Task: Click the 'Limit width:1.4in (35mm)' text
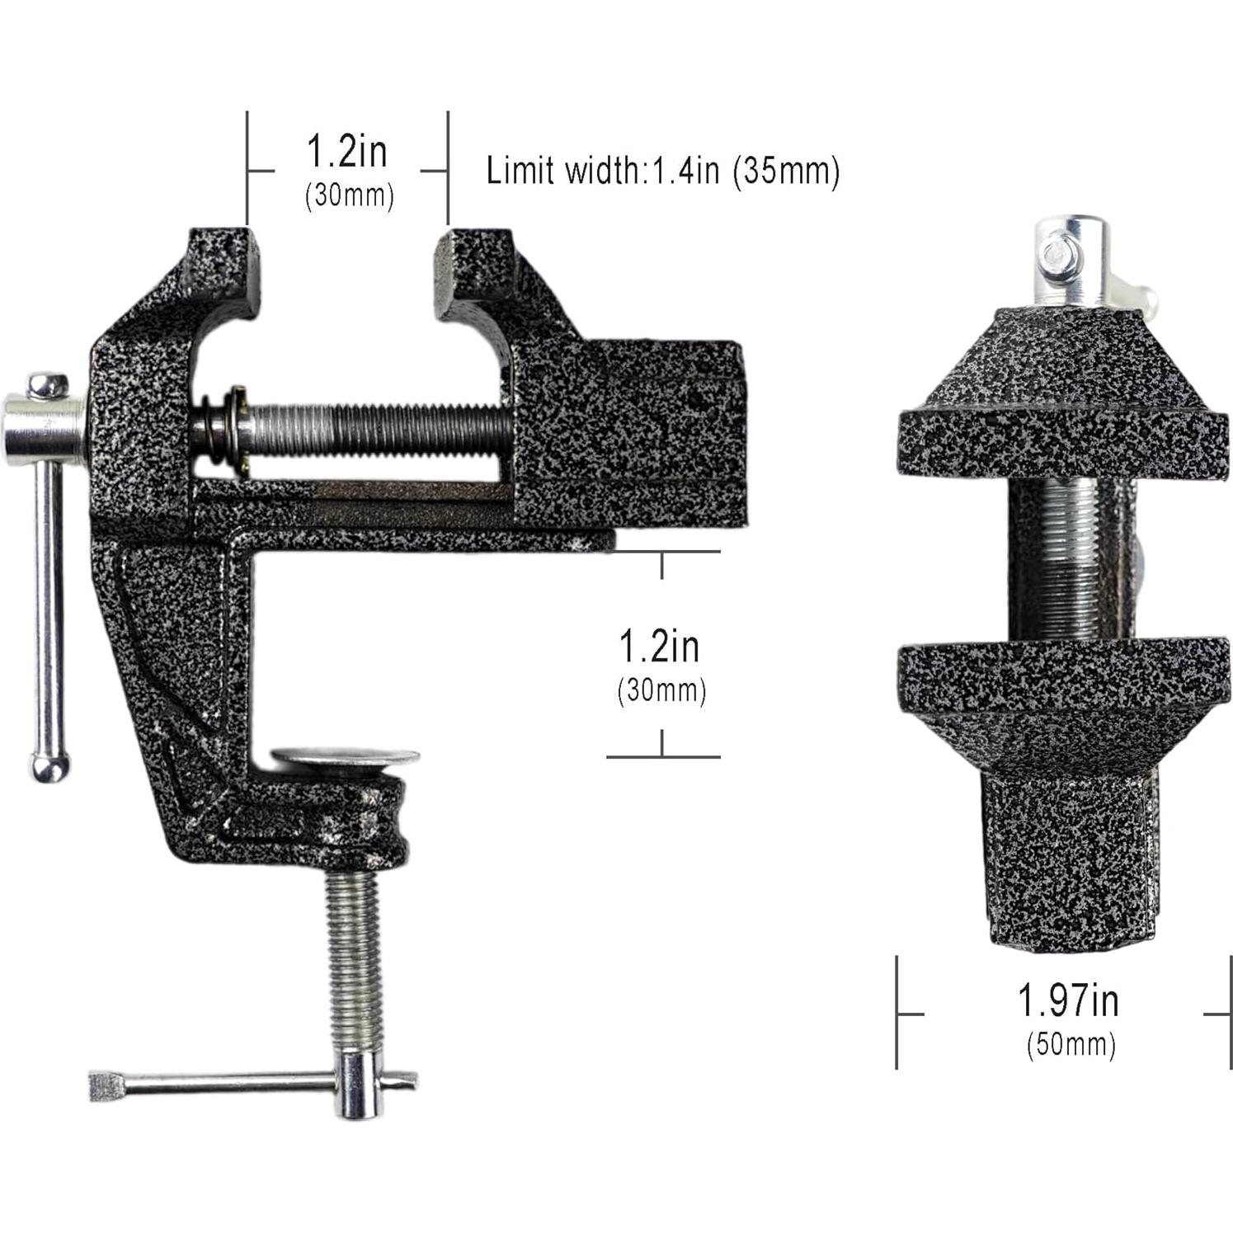pos(662,172)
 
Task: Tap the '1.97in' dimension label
pos(1068,1001)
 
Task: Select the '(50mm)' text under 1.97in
pos(1071,1044)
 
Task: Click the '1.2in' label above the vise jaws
pos(346,152)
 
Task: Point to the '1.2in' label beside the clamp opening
pos(659,647)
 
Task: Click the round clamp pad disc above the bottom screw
pos(346,756)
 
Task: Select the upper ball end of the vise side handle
pos(48,384)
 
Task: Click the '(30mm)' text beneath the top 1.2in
pos(350,196)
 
